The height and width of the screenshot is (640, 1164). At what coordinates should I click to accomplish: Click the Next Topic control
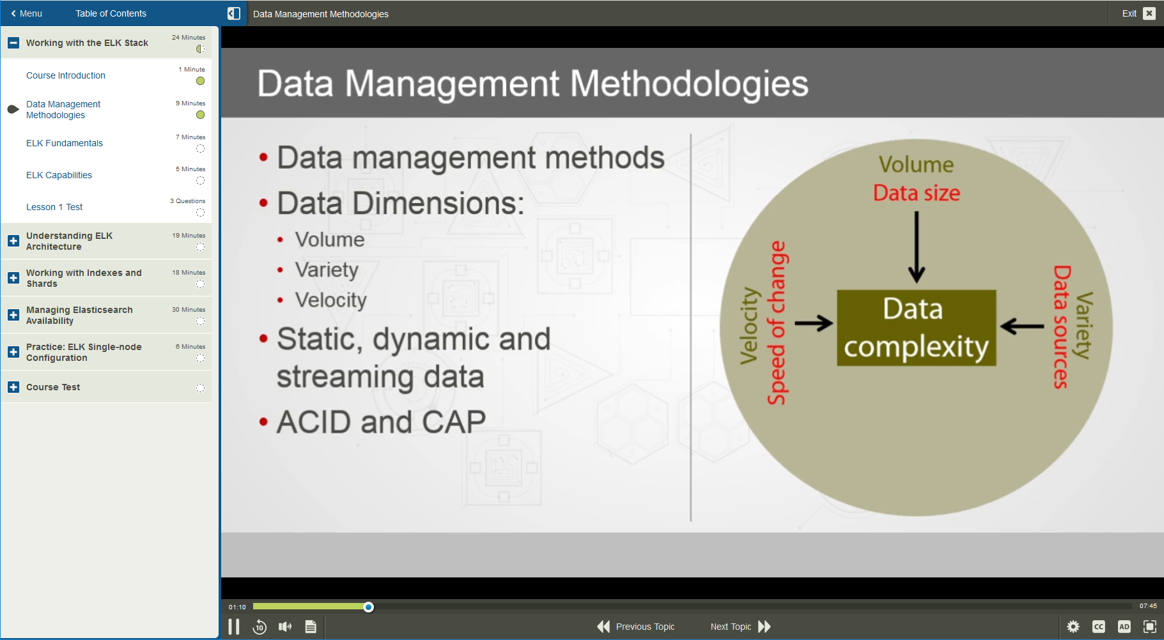[740, 627]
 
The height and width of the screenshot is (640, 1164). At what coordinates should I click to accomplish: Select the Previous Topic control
[635, 627]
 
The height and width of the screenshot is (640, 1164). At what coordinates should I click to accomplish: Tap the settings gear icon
[1073, 627]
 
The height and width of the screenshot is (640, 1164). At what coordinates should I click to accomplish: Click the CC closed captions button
[1099, 627]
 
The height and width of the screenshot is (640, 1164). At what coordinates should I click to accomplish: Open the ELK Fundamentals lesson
[65, 143]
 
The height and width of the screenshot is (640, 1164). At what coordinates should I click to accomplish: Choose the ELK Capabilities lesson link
[59, 175]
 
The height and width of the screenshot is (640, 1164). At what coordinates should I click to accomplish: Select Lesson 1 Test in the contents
[54, 207]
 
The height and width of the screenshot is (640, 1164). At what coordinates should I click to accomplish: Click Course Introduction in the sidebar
[66, 75]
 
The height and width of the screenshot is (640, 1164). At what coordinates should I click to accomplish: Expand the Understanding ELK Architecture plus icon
[13, 241]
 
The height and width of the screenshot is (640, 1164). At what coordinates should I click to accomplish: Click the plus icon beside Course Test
[13, 387]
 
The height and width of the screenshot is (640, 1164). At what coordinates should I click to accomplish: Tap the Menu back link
[26, 13]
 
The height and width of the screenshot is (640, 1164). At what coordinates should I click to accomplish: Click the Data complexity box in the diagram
[916, 328]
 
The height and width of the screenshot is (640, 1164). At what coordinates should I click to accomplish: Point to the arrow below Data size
[917, 247]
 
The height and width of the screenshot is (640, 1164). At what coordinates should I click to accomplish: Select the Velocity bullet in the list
[330, 300]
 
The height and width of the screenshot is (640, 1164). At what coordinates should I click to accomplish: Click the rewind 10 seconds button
[260, 627]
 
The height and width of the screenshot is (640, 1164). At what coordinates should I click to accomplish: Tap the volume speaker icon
[285, 627]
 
